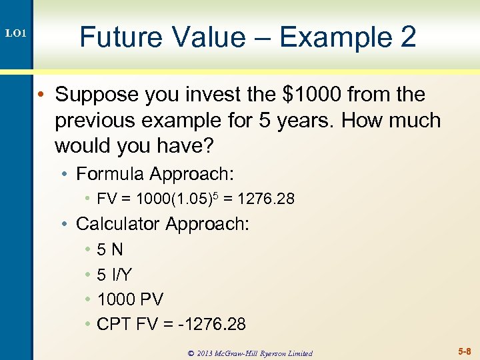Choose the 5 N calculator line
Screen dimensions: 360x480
tap(109, 250)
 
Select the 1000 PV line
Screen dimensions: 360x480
tap(130, 299)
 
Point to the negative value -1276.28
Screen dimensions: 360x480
tap(211, 325)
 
